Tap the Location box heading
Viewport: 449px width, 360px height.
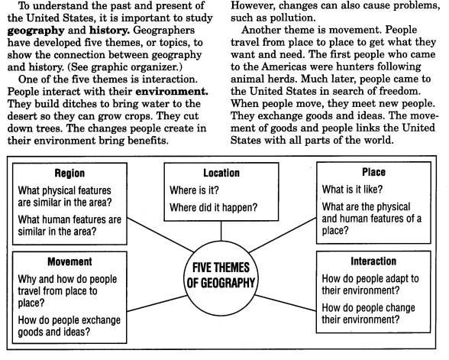(221, 174)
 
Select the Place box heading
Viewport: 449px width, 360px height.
(373, 172)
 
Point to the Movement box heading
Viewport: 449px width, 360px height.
(69, 261)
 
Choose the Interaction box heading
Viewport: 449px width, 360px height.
(373, 261)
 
